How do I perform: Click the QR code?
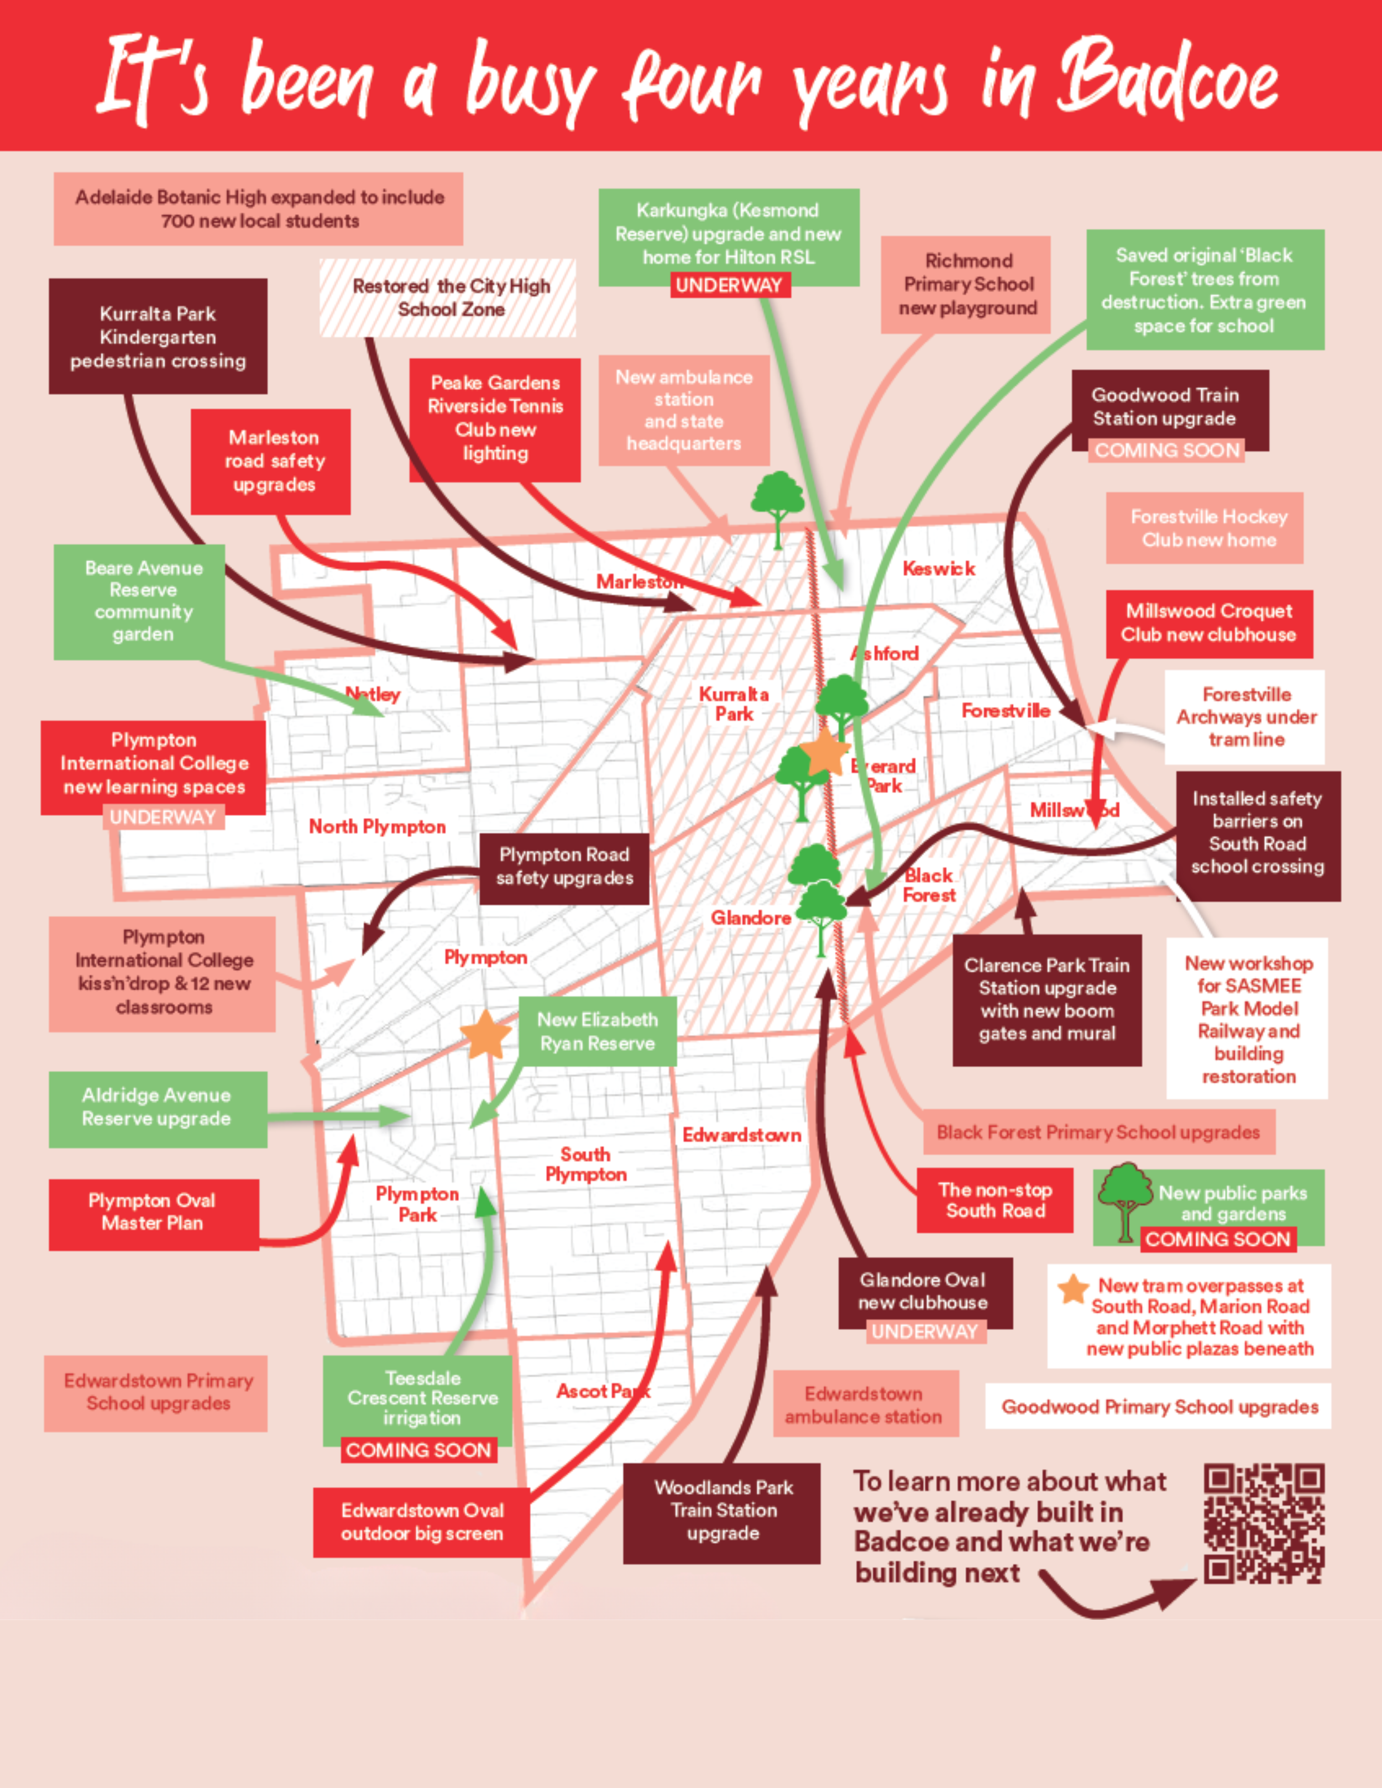(x=1263, y=1524)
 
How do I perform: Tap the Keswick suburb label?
(x=938, y=568)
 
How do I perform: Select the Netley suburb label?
(x=373, y=694)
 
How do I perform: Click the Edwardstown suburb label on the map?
(x=742, y=1135)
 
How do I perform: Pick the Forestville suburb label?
(x=1006, y=711)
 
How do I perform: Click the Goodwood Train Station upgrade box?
(x=1169, y=408)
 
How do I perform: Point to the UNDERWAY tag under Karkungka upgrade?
(x=729, y=286)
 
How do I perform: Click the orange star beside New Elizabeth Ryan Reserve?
(x=485, y=1035)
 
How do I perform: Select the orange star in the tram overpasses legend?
(x=1072, y=1289)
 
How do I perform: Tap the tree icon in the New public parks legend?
(x=1125, y=1200)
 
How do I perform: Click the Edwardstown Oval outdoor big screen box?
(x=422, y=1522)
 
